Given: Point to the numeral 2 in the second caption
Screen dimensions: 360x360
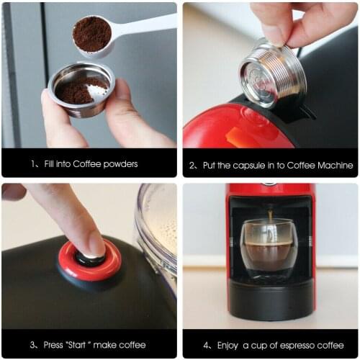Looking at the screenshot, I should click(x=192, y=165).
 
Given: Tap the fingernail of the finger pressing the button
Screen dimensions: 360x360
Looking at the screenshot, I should click(x=96, y=243).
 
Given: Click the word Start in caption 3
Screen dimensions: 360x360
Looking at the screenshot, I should click(x=79, y=343).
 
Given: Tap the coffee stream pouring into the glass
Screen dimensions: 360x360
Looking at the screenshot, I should click(x=270, y=220).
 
